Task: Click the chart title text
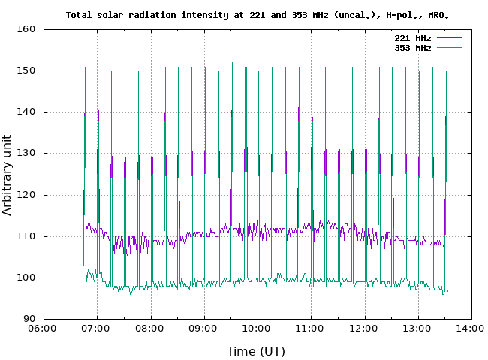[258, 14]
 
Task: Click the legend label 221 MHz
[412, 37]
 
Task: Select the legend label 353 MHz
[412, 47]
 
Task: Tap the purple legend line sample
[448, 37]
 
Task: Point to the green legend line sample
[448, 47]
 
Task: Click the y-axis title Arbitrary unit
[8, 175]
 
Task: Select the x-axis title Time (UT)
[256, 350]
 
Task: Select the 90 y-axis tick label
[29, 319]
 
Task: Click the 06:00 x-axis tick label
[44, 328]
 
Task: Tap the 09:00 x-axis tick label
[204, 328]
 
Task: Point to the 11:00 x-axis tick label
[311, 328]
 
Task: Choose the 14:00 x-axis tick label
[471, 328]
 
